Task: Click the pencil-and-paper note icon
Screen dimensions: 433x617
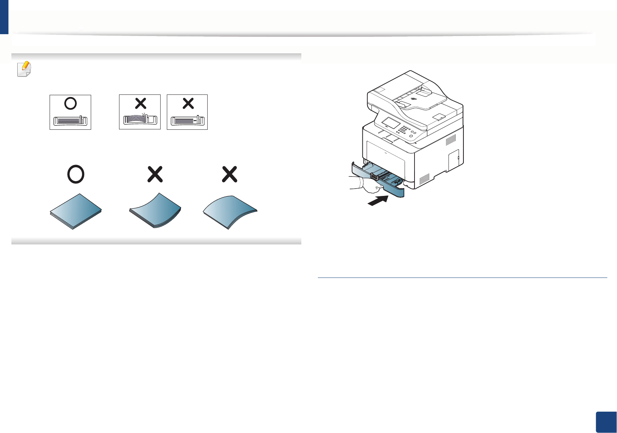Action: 24,69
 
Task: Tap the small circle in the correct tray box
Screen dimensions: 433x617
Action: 70,104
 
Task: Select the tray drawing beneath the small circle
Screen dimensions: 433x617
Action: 70,121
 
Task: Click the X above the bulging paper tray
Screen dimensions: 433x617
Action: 140,103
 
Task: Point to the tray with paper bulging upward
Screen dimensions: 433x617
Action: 140,120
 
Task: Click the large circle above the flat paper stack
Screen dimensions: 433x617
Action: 76,174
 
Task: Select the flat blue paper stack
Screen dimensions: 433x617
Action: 76,211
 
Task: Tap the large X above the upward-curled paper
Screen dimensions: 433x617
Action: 155,174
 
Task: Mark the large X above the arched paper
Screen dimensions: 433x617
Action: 230,174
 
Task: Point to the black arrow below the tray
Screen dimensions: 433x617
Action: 378,201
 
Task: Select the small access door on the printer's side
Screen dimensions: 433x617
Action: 454,160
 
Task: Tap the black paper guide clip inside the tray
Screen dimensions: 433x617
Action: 374,176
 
